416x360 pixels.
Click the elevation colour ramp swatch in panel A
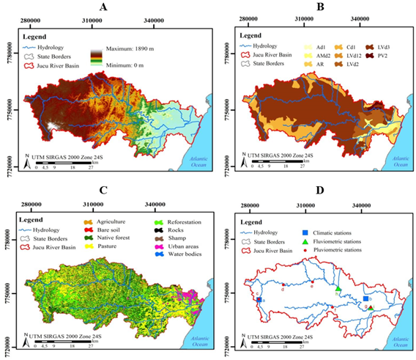pyautogui.click(x=95, y=57)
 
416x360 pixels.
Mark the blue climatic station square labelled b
pyautogui.click(x=365, y=299)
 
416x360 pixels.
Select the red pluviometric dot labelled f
pyautogui.click(x=333, y=308)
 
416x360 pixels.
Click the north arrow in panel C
pyautogui.click(x=26, y=340)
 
